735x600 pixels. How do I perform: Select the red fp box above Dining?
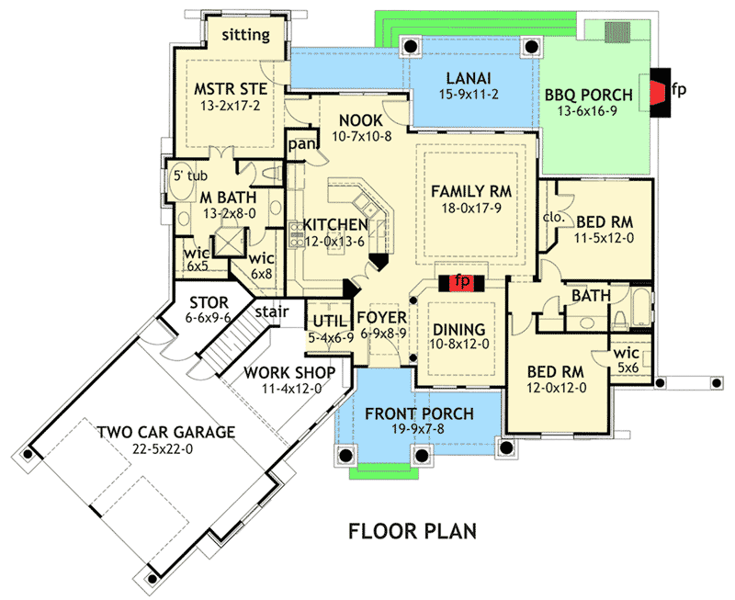tap(461, 281)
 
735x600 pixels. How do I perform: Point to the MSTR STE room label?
tap(232, 89)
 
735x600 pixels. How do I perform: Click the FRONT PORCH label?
tap(419, 413)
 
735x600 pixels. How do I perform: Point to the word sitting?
tap(245, 35)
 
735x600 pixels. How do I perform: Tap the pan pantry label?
tap(301, 144)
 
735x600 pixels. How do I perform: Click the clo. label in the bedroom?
tap(553, 218)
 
